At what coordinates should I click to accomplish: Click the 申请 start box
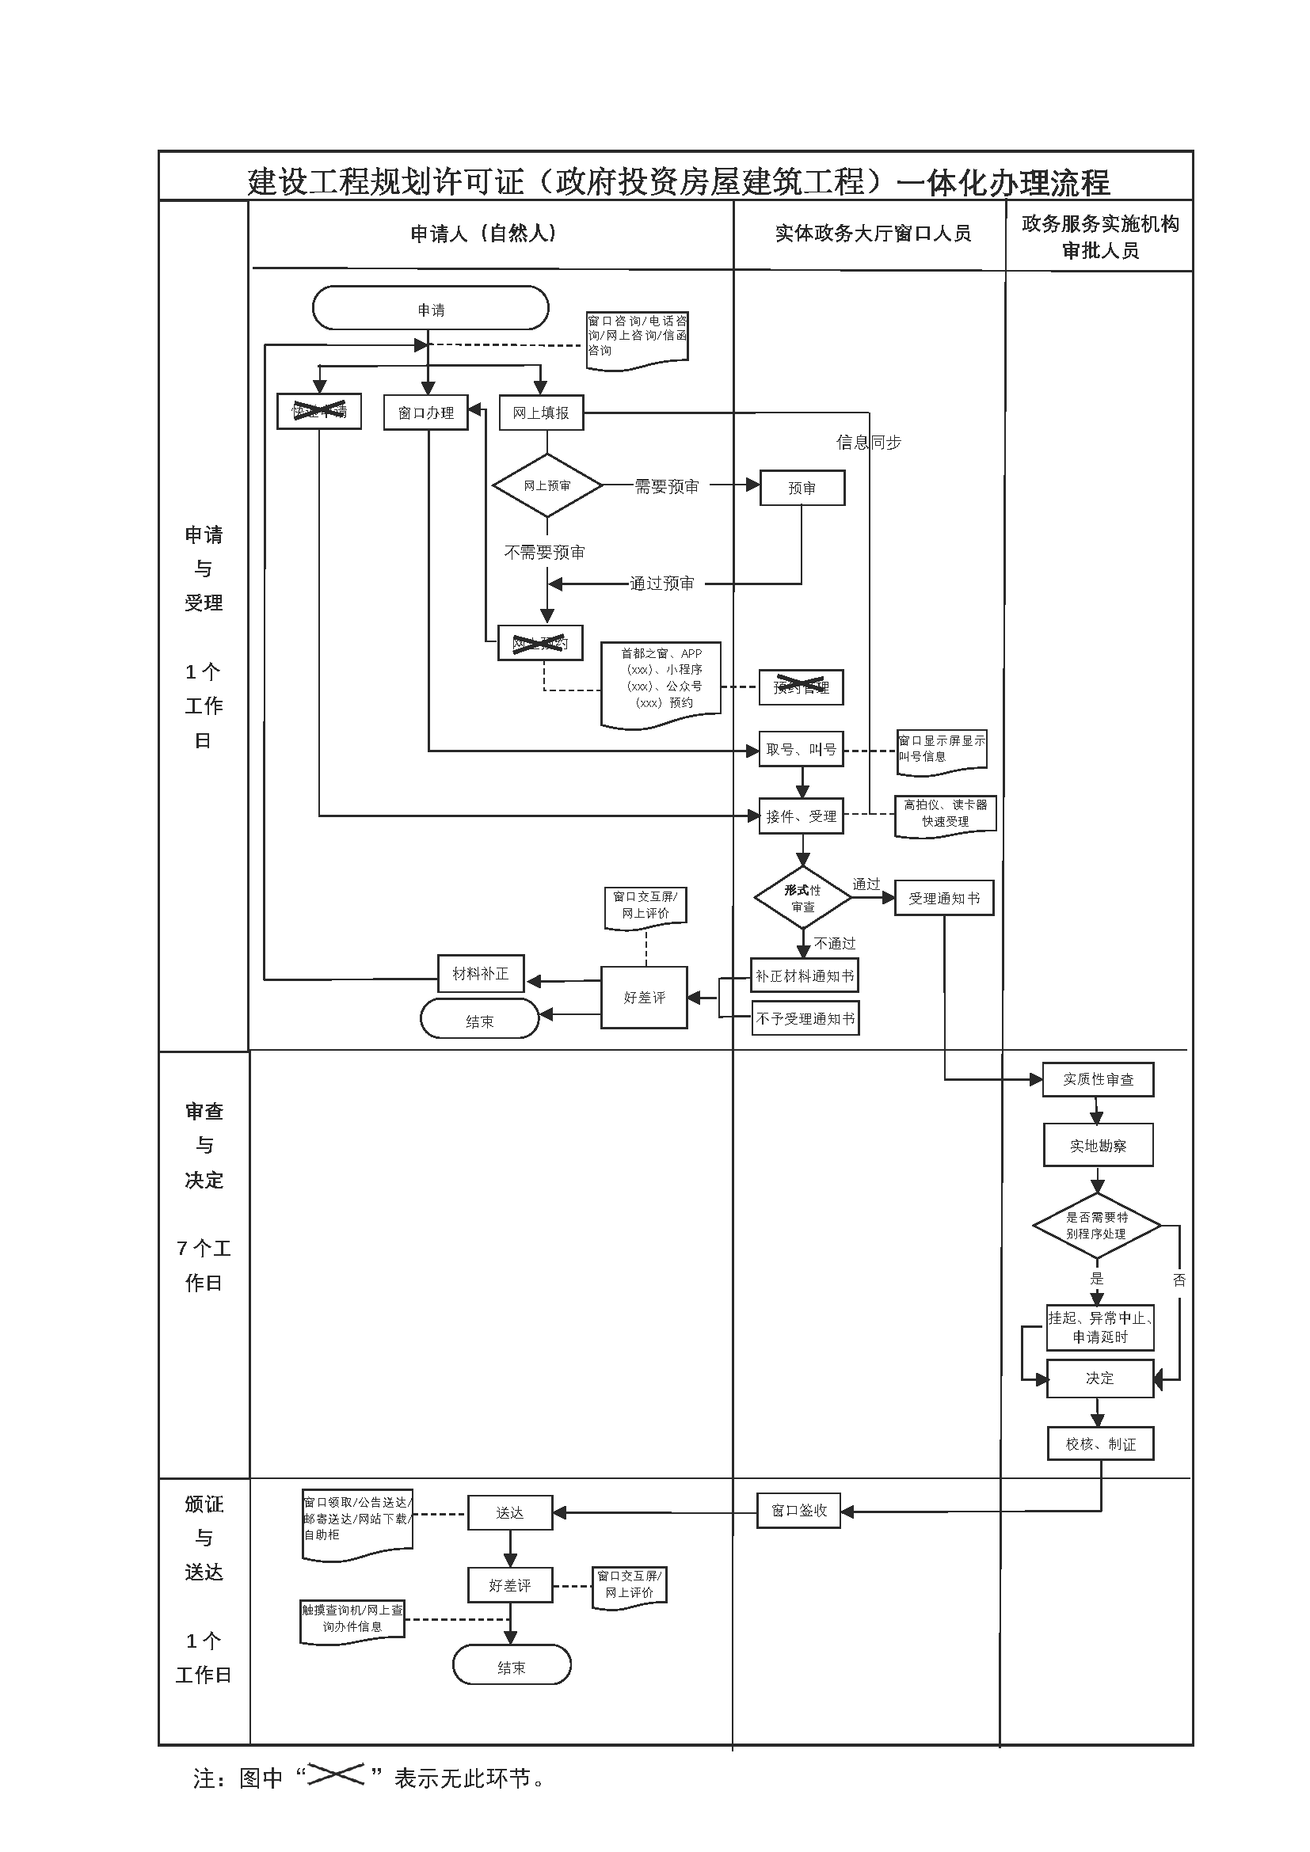click(x=430, y=308)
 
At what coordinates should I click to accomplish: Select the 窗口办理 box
click(x=425, y=413)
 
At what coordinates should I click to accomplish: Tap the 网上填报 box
click(x=540, y=413)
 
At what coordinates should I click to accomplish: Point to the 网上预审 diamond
click(x=547, y=485)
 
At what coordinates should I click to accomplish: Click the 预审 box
click(x=802, y=488)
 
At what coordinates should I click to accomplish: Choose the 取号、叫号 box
click(x=801, y=749)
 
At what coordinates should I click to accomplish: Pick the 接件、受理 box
click(x=801, y=816)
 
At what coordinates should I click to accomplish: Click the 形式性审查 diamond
click(x=802, y=898)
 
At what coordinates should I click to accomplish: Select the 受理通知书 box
click(x=944, y=898)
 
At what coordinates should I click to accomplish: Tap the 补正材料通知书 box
click(x=804, y=975)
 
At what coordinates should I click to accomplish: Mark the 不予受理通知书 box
click(x=805, y=1019)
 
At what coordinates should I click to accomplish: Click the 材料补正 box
click(x=481, y=974)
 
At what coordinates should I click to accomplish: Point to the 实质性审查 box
click(x=1098, y=1079)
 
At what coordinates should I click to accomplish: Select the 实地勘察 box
click(x=1098, y=1146)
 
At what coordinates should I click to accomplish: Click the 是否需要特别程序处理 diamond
click(x=1096, y=1225)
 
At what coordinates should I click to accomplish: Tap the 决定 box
click(x=1099, y=1379)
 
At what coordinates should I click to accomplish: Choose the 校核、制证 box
click(x=1100, y=1444)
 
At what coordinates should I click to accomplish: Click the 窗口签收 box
click(x=798, y=1510)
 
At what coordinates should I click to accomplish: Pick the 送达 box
click(x=510, y=1513)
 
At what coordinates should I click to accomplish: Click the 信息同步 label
click(x=868, y=442)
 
